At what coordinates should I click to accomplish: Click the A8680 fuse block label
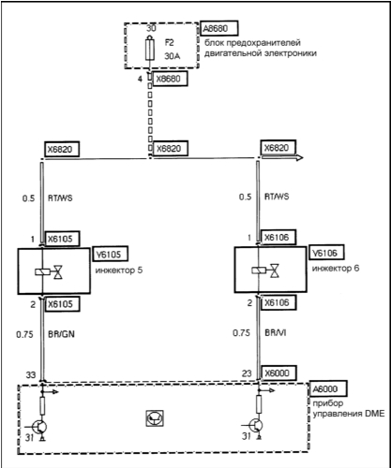(218, 29)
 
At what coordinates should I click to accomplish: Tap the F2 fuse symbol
(150, 49)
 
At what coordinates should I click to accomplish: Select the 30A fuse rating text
(173, 56)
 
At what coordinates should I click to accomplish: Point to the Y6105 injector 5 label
(110, 254)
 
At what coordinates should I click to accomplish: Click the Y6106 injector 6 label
(326, 253)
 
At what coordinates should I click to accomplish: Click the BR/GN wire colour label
(61, 334)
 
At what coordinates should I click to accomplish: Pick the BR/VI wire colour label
(276, 333)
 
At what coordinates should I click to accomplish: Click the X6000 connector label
(278, 373)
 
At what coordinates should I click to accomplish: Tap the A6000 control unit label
(327, 388)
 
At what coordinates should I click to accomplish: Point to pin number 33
(31, 374)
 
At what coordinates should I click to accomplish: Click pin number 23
(247, 373)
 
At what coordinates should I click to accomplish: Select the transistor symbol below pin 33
(39, 428)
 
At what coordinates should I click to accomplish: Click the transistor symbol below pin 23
(255, 426)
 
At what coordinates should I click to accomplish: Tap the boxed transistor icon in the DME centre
(155, 418)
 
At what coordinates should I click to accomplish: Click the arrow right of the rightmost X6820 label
(282, 157)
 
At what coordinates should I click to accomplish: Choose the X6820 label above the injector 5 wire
(61, 149)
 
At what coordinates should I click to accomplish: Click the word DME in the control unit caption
(374, 414)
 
